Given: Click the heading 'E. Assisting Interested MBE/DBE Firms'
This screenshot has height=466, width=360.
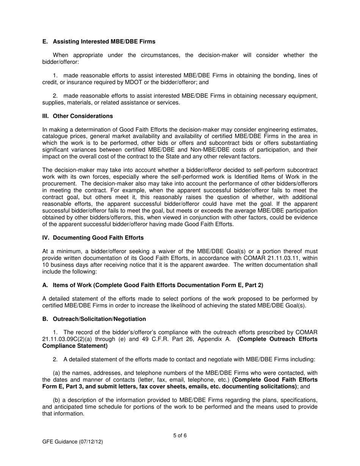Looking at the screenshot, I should coord(99,41).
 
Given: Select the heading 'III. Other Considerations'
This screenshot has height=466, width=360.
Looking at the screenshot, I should coord(77,116).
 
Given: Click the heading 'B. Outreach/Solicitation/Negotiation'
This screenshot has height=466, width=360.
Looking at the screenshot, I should coord(94,319).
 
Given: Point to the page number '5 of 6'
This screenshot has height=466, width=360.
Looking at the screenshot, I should coord(180,435).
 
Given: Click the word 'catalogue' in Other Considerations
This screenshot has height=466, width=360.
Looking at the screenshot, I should coord(55,136).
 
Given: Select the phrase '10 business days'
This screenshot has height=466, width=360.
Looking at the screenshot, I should coord(62,265).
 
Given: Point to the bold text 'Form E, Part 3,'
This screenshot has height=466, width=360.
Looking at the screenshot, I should coord(63,386).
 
